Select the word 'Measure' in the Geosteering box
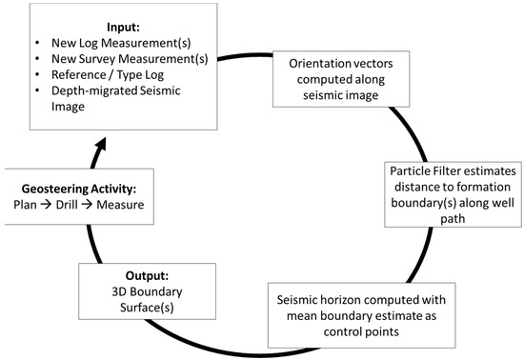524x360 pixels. [x=124, y=203]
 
